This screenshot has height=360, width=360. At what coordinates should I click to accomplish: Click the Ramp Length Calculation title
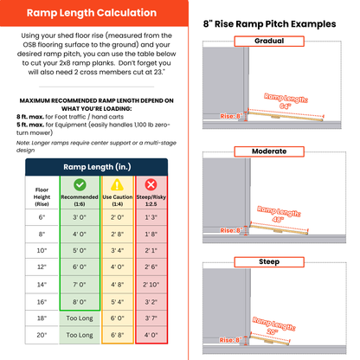tap(91, 13)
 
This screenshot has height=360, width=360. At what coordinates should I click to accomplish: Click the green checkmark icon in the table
tap(80, 184)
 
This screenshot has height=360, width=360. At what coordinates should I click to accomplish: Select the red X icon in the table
tap(151, 184)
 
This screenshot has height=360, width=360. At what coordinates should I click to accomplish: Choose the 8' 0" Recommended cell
tap(80, 300)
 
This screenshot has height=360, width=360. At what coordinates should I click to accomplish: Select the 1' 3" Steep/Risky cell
tap(151, 218)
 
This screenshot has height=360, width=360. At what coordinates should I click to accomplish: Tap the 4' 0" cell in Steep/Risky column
tap(151, 333)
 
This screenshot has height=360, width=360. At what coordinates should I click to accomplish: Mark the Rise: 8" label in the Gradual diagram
tap(231, 115)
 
